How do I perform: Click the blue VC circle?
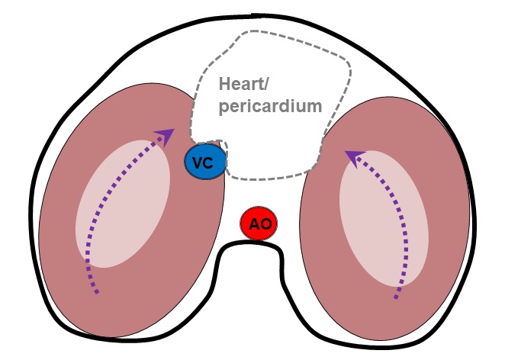click(x=204, y=162)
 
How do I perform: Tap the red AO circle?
click(x=259, y=224)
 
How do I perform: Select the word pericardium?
click(x=270, y=106)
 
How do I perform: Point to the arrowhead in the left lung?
click(x=165, y=135)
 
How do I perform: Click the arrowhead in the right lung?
click(x=352, y=156)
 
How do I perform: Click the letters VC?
click(x=204, y=162)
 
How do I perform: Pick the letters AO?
click(x=259, y=225)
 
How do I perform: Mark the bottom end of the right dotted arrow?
click(x=396, y=298)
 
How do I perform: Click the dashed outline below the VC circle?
click(x=259, y=180)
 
